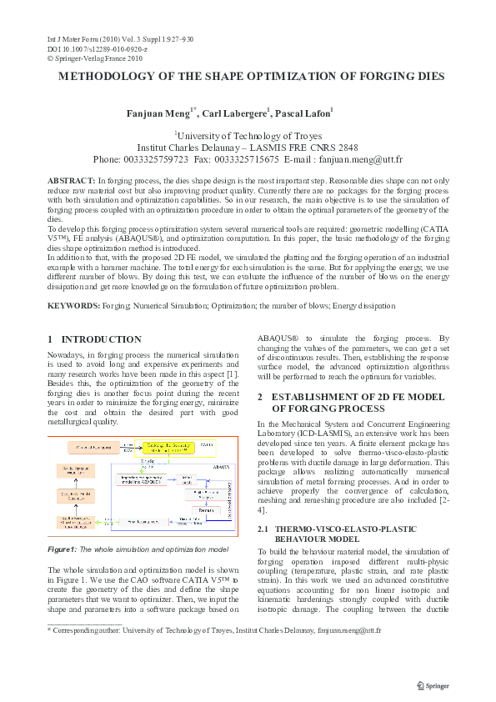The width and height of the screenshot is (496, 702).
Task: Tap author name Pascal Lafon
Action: [303, 113]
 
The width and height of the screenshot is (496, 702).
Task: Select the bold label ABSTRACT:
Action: [72, 181]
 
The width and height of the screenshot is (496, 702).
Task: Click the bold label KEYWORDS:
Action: [73, 307]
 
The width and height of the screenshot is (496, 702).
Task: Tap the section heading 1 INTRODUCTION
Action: [94, 339]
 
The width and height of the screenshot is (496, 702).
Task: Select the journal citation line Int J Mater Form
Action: [118, 39]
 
